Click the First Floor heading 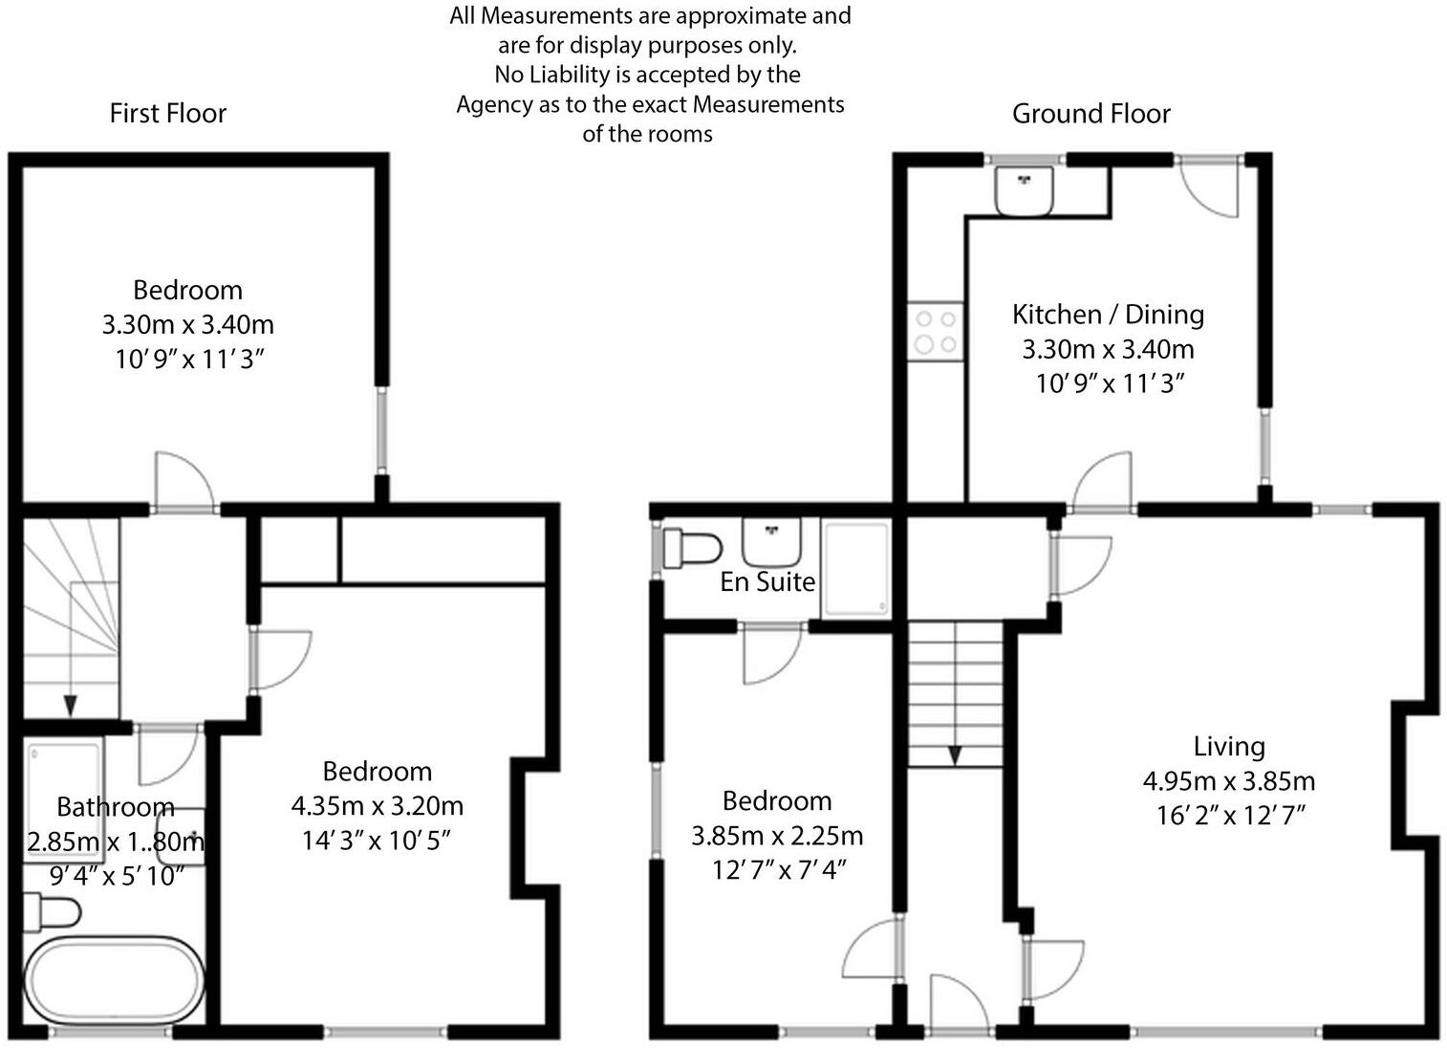point(168,113)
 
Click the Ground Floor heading point(1091,114)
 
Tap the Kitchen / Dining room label point(1108,314)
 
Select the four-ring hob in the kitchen point(935,331)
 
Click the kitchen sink point(1024,190)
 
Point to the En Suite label point(767,581)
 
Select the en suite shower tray point(856,568)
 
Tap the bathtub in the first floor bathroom point(114,982)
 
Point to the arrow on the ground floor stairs point(954,755)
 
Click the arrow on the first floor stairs point(71,704)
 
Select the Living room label point(1228,746)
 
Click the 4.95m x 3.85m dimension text point(1228,781)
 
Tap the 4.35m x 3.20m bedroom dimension point(378,806)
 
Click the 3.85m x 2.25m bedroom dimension point(777,836)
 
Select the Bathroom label point(116,807)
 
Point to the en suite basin point(771,542)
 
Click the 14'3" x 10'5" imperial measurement point(377,841)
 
